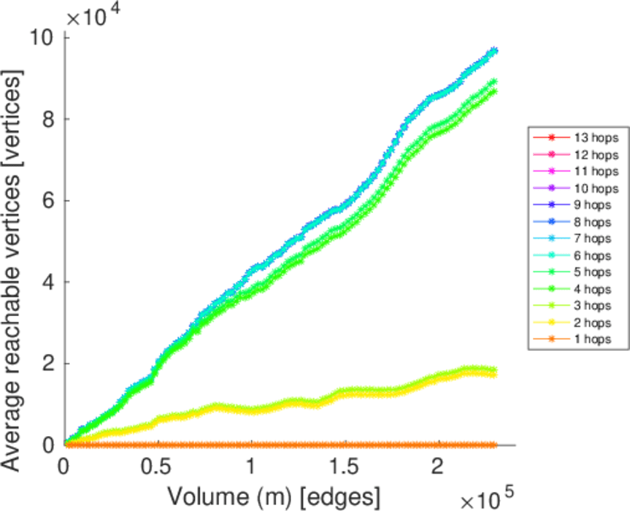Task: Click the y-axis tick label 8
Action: (49, 119)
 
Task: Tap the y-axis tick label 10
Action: (43, 37)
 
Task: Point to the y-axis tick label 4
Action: (49, 282)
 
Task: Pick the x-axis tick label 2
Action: (438, 467)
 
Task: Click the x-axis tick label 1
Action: (250, 467)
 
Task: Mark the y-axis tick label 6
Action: (49, 201)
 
